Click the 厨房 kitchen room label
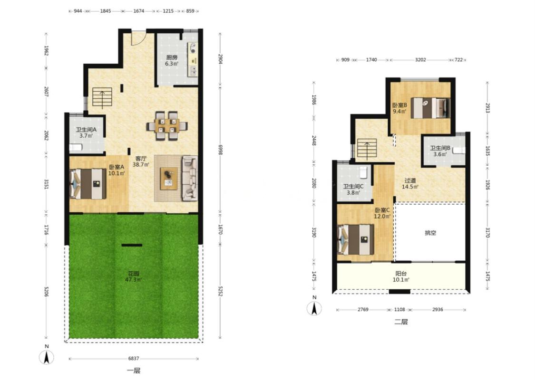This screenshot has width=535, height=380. click(x=172, y=57)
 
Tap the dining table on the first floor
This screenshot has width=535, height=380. click(x=167, y=125)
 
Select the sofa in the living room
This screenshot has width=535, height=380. click(x=189, y=178)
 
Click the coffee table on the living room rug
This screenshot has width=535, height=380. click(x=169, y=178)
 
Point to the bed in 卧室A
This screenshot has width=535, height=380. click(x=88, y=184)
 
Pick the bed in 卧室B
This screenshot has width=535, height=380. click(x=430, y=108)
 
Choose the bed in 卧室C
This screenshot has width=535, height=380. click(x=356, y=239)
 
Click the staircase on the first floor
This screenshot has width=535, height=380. click(x=102, y=98)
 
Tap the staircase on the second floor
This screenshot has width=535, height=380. click(x=367, y=149)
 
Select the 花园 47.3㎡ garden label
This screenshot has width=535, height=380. click(x=134, y=276)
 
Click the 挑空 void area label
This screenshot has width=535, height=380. click(x=430, y=233)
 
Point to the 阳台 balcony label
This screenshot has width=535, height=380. click(x=401, y=273)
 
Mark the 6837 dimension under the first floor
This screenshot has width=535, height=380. click(x=134, y=359)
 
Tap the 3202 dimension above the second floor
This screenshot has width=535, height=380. click(x=420, y=60)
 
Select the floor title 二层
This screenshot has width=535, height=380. click(x=401, y=322)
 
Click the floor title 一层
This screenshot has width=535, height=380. click(x=134, y=370)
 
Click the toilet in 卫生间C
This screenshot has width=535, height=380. click(x=364, y=172)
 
